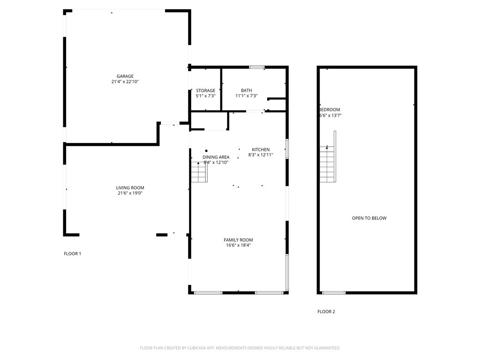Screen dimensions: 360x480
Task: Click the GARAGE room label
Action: [x=125, y=76]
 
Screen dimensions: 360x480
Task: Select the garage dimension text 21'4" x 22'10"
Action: [x=125, y=82]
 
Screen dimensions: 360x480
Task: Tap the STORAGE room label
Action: [x=205, y=90]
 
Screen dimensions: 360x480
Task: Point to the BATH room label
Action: [x=247, y=90]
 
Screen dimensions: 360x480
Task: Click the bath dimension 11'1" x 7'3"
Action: [x=247, y=96]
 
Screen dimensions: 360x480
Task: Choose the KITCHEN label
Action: [x=261, y=150]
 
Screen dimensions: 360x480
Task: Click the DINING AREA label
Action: [x=216, y=157]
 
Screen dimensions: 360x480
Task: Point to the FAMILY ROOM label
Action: [x=238, y=240]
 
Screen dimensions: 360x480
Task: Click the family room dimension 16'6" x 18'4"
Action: [x=238, y=245]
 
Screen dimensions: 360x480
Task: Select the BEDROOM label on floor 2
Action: [x=330, y=110]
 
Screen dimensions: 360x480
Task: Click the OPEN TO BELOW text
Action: [x=369, y=218]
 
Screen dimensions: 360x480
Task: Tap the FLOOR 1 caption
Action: [x=73, y=254]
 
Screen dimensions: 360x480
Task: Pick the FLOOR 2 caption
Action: [x=326, y=312]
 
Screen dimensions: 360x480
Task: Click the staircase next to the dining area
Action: [x=199, y=172]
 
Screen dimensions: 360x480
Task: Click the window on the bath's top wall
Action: [x=256, y=67]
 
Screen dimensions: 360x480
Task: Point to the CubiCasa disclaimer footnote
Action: [x=240, y=348]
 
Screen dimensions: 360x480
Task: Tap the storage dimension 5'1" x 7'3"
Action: [x=205, y=96]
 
